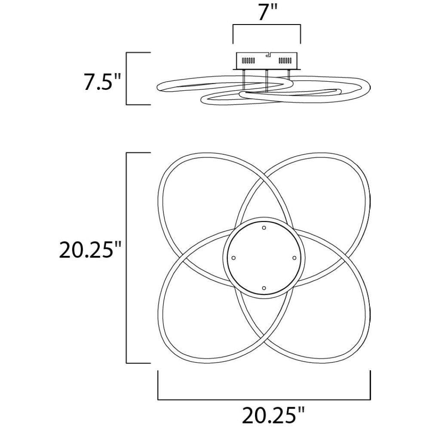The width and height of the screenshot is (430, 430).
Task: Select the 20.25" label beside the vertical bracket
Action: click(x=90, y=249)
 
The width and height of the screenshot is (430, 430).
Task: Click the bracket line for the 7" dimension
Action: click(x=267, y=25)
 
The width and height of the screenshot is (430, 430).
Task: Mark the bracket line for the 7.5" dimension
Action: click(x=126, y=78)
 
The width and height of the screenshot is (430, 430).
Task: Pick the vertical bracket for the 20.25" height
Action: click(x=126, y=258)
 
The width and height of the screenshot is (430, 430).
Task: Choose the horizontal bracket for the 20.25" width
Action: click(x=264, y=399)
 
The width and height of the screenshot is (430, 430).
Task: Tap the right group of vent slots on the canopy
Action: click(x=286, y=60)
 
